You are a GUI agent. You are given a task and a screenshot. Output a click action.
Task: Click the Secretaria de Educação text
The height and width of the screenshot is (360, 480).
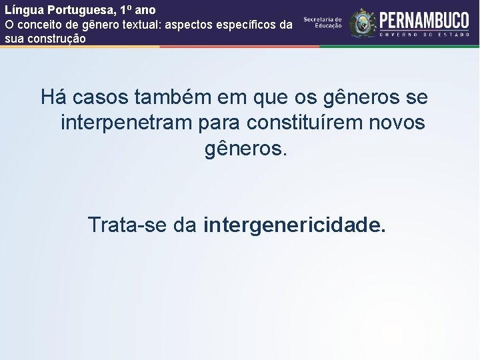[x=323, y=23]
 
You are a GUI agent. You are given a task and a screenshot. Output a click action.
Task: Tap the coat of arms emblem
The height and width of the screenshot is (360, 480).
[x=363, y=23]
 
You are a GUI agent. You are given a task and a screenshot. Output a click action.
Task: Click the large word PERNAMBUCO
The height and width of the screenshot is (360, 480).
[x=424, y=18]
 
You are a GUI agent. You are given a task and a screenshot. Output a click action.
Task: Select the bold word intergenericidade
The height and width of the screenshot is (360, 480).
[x=295, y=225]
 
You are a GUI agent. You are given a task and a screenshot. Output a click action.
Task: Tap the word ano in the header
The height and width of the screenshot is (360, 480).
[x=145, y=11]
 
